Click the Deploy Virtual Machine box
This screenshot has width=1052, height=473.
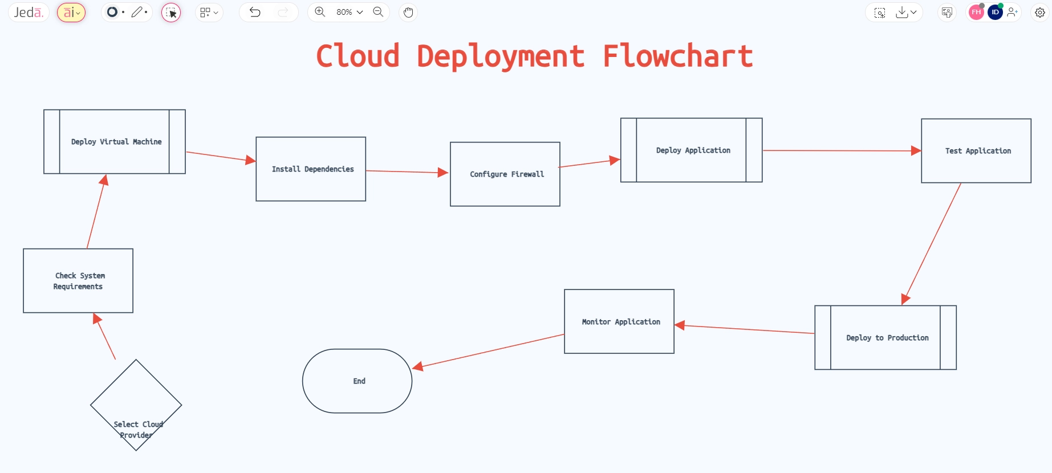click(115, 141)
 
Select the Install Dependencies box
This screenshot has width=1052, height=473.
click(311, 169)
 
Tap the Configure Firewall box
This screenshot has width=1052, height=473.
click(505, 174)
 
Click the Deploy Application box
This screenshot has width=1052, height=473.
click(691, 150)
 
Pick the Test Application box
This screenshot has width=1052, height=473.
click(976, 150)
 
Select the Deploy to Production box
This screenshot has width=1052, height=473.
click(886, 337)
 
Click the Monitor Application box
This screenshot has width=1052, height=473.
click(619, 321)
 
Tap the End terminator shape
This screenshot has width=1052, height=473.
click(358, 381)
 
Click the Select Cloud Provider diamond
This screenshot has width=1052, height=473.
click(136, 405)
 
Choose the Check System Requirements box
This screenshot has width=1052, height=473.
click(78, 280)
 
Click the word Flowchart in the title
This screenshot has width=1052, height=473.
click(677, 56)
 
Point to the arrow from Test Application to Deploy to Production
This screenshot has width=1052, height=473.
click(932, 242)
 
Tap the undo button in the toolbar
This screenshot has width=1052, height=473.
click(255, 12)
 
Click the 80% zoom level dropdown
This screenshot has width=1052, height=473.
click(349, 12)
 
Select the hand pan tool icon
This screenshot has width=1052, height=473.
click(408, 12)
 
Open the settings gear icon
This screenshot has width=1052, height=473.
click(1040, 12)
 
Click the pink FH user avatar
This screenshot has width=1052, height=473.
click(976, 12)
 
